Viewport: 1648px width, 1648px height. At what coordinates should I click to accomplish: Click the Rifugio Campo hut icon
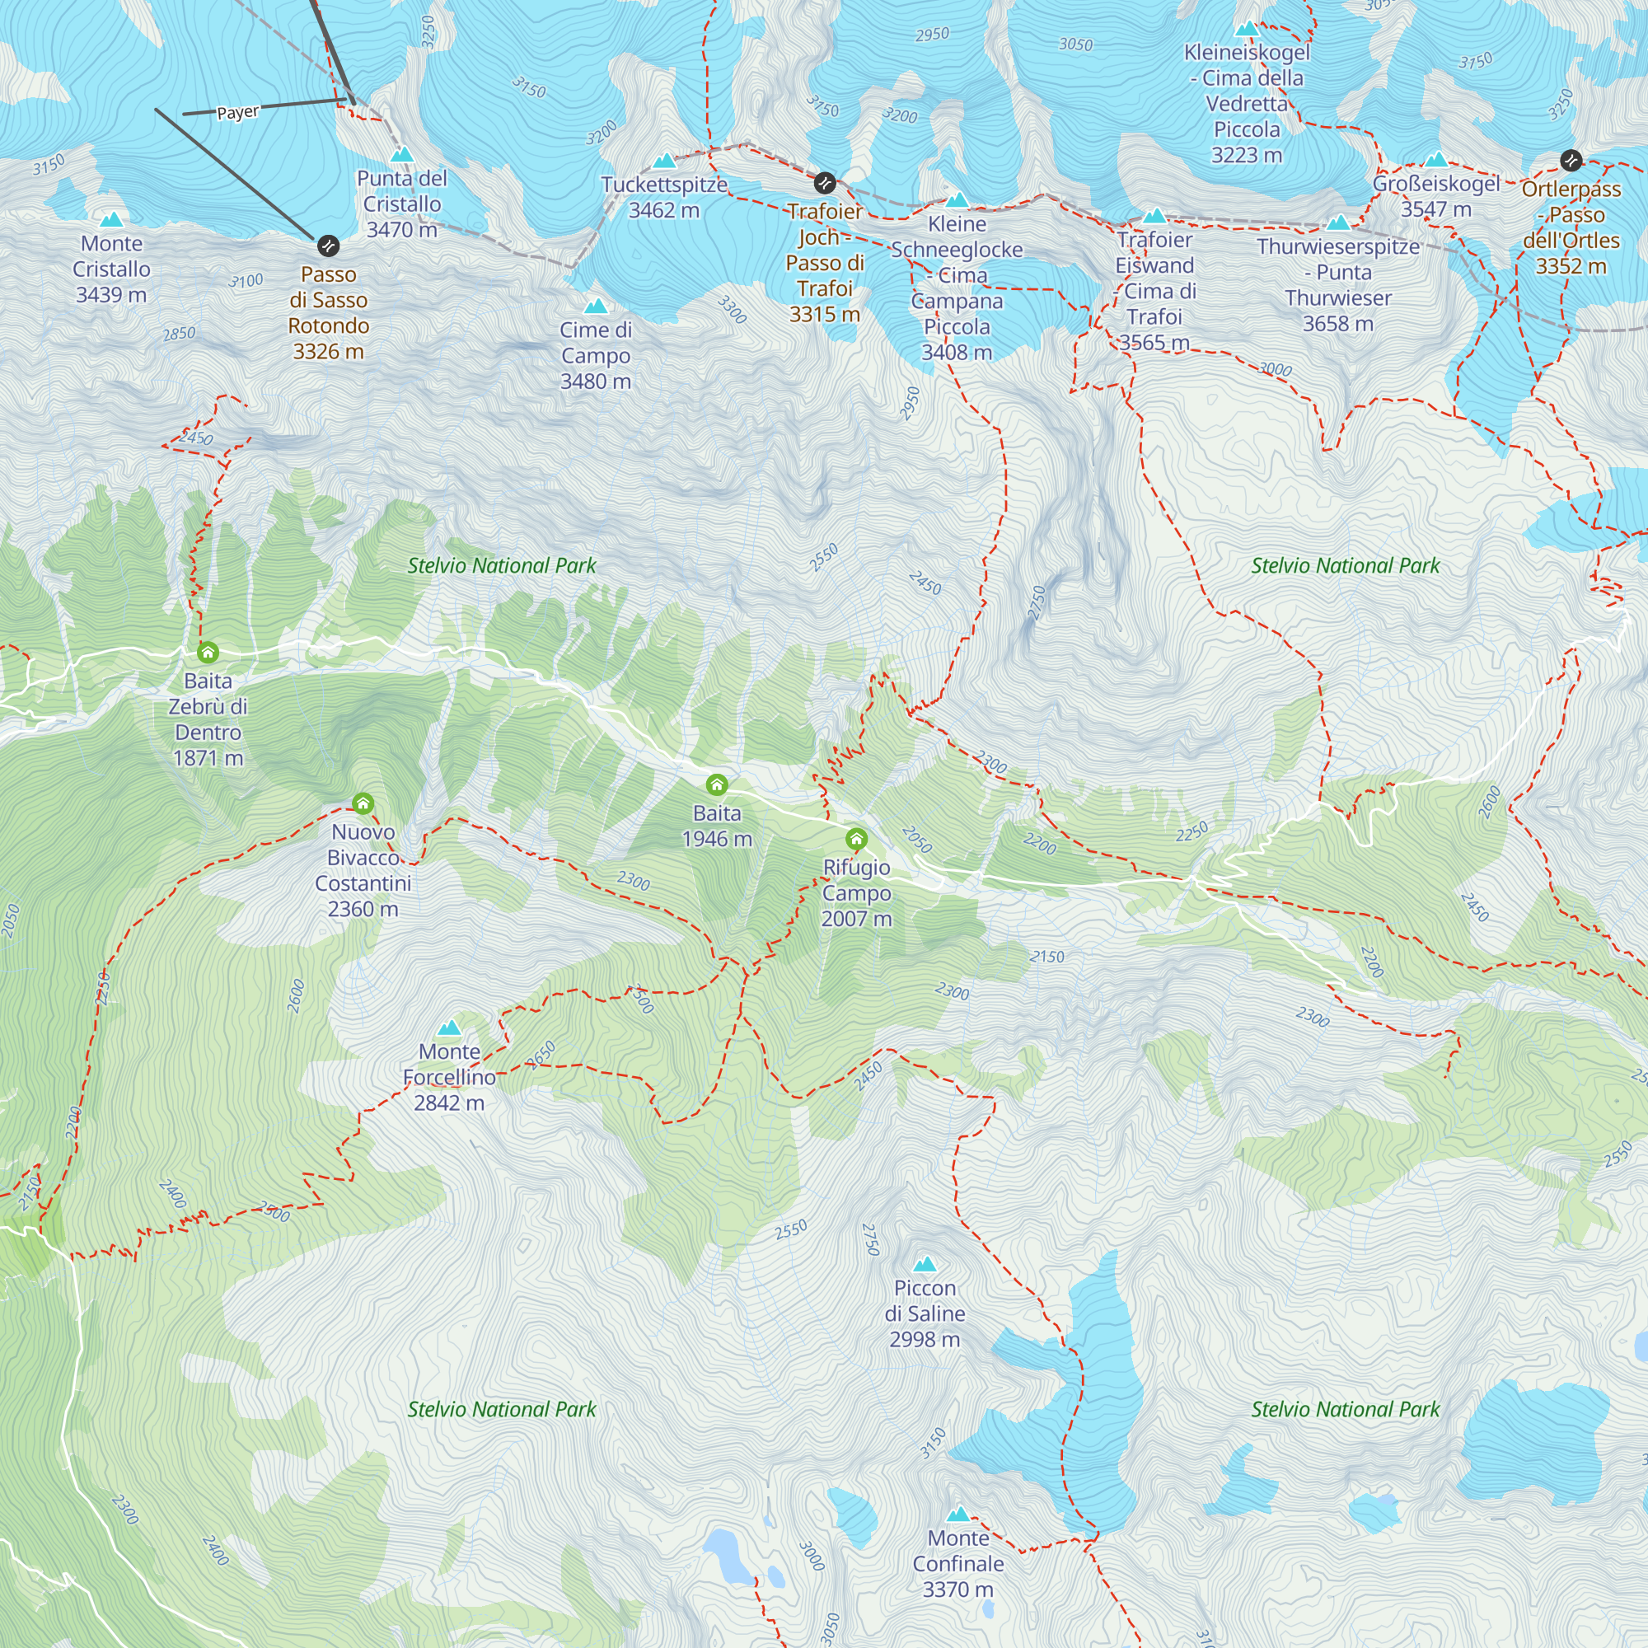pyautogui.click(x=856, y=839)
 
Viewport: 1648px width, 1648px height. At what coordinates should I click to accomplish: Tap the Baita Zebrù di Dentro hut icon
pyautogui.click(x=208, y=653)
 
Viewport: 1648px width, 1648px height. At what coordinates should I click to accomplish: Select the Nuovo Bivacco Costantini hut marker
pyautogui.click(x=363, y=803)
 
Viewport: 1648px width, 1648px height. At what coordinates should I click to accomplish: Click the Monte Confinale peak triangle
pyautogui.click(x=958, y=1514)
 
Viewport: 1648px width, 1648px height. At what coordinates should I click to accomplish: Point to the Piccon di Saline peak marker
pyautogui.click(x=925, y=1264)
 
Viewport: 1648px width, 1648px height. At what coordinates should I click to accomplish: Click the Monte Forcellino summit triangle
pyautogui.click(x=449, y=1028)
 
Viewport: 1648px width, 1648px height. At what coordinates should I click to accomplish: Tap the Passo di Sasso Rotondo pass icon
pyautogui.click(x=329, y=246)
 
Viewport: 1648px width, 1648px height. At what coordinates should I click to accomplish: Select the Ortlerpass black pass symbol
pyautogui.click(x=1571, y=160)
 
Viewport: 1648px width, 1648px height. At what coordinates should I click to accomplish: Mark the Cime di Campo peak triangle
pyautogui.click(x=596, y=307)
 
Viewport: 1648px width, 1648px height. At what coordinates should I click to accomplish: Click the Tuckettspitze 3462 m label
pyautogui.click(x=663, y=197)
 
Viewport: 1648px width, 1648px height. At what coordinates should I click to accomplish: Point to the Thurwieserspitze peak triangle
pyautogui.click(x=1337, y=223)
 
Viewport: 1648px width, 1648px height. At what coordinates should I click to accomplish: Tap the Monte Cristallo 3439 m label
pyautogui.click(x=111, y=269)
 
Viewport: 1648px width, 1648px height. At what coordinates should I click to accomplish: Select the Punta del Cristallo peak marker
pyautogui.click(x=402, y=155)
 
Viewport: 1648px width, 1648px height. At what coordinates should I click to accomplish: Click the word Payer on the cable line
pyautogui.click(x=237, y=113)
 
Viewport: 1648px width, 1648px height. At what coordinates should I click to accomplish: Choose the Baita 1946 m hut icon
pyautogui.click(x=717, y=784)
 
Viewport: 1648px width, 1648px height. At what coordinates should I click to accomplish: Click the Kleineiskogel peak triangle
pyautogui.click(x=1246, y=29)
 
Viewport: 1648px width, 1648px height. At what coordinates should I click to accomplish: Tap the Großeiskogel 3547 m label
pyautogui.click(x=1435, y=196)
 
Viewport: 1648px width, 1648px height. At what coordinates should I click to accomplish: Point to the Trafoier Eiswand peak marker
pyautogui.click(x=1154, y=216)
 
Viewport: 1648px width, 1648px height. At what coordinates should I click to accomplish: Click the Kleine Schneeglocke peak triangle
pyautogui.click(x=957, y=200)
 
